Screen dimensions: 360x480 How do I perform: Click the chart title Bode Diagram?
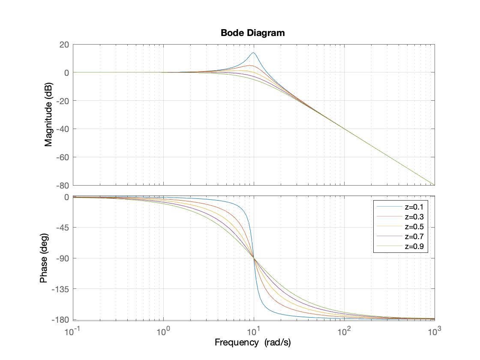point(252,33)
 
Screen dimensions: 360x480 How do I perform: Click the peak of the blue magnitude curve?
point(253,53)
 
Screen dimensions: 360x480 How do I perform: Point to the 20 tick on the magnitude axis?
point(64,45)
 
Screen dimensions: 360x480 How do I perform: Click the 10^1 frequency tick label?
point(253,332)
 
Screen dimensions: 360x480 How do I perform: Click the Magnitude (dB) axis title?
point(48,115)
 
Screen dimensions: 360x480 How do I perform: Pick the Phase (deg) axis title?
point(43,258)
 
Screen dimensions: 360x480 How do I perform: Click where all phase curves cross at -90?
point(254,258)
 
